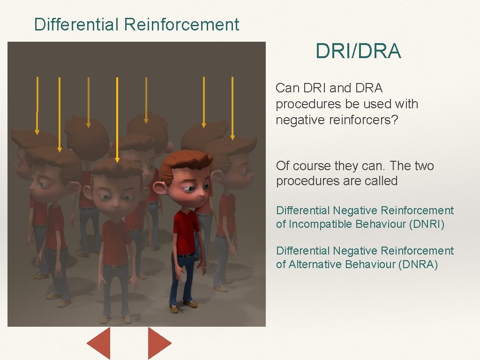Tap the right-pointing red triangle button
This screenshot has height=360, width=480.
[x=158, y=343]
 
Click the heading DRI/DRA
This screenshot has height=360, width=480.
[x=358, y=52]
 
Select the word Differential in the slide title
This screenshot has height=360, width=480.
[x=76, y=24]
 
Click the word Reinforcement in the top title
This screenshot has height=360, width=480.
[x=181, y=24]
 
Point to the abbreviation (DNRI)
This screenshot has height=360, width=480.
[x=427, y=224]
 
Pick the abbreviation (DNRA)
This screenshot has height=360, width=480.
[x=418, y=264]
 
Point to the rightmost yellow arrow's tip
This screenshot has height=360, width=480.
[x=232, y=137]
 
